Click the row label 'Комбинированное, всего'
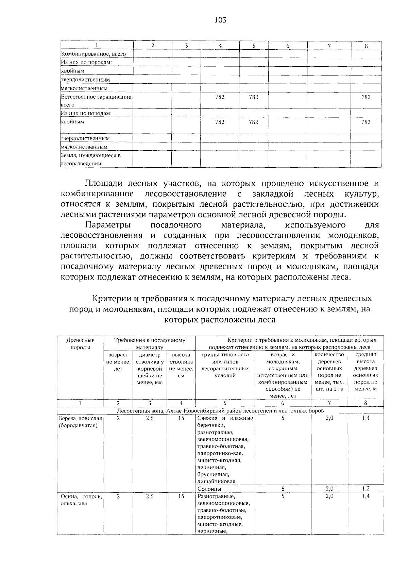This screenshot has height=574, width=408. click(93, 54)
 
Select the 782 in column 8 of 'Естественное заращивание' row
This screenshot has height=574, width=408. click(366, 97)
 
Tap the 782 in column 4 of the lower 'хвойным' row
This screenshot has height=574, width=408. click(220, 122)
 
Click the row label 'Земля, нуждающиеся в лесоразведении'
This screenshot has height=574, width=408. click(91, 159)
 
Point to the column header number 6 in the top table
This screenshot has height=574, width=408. click(288, 46)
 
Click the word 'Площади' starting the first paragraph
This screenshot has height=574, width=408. click(102, 184)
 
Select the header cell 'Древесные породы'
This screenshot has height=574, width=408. click(80, 343)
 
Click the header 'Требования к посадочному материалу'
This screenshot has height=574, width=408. click(150, 343)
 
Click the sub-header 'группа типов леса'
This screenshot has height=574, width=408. click(225, 355)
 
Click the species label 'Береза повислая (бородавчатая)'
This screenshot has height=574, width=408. click(80, 422)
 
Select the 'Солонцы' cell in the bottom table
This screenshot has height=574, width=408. click(209, 489)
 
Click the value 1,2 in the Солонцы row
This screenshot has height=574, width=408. click(365, 489)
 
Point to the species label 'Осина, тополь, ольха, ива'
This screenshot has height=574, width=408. click(80, 500)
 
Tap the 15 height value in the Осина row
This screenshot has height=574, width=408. click(181, 496)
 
